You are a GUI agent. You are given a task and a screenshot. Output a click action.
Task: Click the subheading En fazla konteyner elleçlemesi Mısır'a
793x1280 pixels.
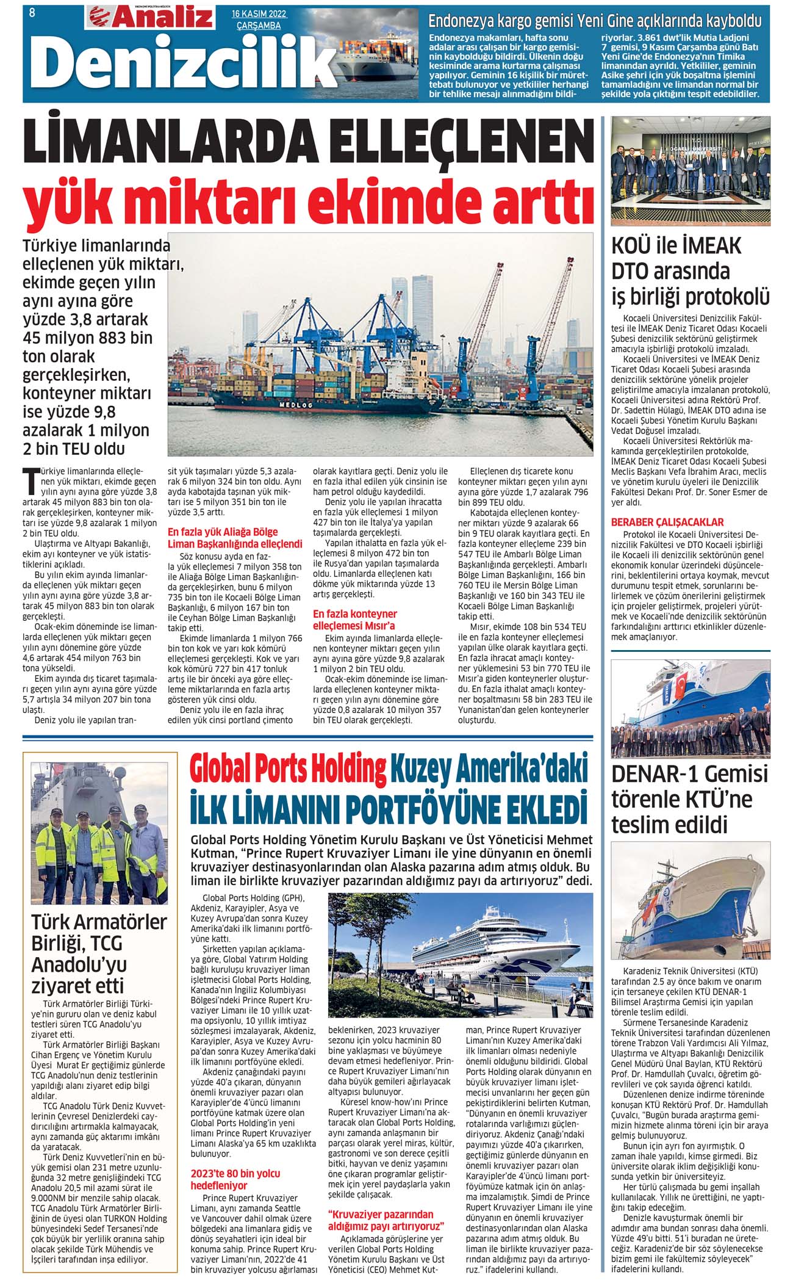354,620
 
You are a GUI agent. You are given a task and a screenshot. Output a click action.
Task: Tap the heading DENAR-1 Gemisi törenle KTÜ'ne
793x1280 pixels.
689,799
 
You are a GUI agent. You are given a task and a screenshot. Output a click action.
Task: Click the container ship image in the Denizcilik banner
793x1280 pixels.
366,58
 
